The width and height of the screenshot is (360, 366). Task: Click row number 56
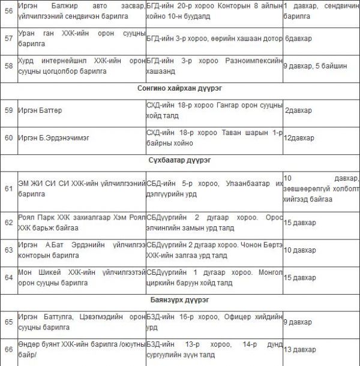[8, 11]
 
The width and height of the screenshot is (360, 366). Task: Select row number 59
[8, 110]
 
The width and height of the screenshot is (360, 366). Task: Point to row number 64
[8, 277]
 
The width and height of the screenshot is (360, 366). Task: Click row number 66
[8, 349]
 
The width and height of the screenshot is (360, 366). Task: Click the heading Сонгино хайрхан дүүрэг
[180, 88]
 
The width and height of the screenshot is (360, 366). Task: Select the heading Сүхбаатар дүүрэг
[180, 160]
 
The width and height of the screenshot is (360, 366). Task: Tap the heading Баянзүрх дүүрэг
[180, 299]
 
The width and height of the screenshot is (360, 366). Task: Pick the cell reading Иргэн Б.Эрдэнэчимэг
[53, 137]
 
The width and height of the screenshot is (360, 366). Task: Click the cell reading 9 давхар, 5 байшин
[315, 66]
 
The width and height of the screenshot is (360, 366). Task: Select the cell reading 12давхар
[299, 137]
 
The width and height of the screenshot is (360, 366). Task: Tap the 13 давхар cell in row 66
[299, 350]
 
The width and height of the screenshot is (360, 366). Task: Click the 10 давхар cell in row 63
[299, 250]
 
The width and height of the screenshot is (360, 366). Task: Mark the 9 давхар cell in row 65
[298, 322]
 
